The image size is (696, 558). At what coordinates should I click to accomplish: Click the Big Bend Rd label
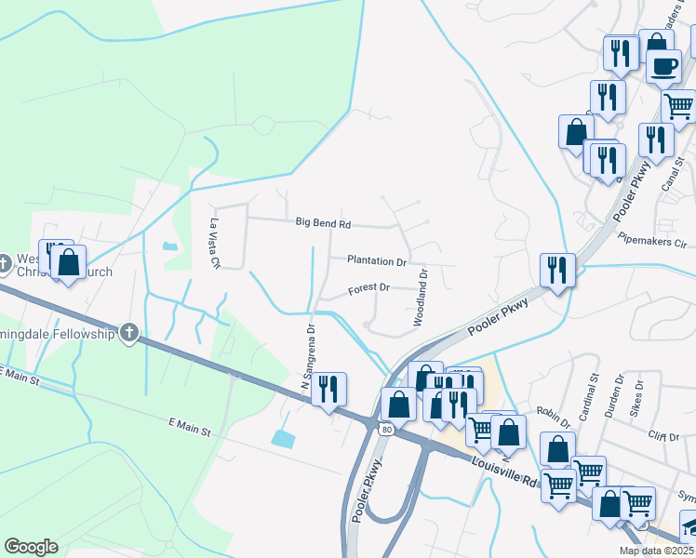pos(323,223)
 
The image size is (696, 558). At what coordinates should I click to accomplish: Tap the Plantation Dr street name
pos(377,261)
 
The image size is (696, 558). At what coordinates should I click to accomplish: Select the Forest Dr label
pos(368,289)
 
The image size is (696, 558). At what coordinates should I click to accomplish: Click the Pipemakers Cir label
pos(651,240)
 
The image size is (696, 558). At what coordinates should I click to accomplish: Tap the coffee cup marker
pos(663,67)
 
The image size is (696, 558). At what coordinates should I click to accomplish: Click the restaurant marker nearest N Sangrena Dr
pos(328,389)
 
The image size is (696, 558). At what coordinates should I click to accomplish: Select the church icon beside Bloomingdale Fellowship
pos(129,333)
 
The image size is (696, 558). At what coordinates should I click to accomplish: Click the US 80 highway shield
pos(385,429)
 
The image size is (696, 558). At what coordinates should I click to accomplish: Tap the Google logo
pos(31,547)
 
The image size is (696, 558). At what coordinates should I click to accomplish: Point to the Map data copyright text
pos(656,551)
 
